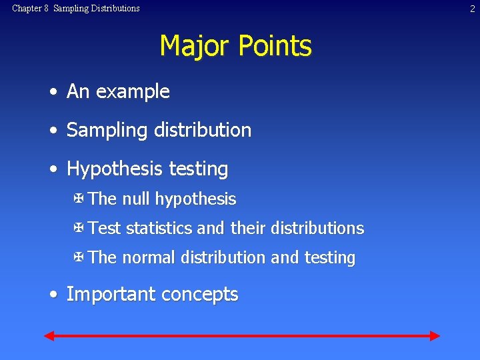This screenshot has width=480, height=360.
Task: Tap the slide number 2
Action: tap(472, 9)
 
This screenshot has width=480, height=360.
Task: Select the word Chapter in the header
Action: tap(26, 9)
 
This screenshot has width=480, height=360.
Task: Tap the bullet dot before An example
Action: tap(52, 92)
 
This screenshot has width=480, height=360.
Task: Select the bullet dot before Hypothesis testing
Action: tap(52, 169)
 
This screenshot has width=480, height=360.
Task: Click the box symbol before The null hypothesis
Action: tap(79, 199)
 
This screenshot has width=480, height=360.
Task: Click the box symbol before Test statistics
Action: tap(79, 228)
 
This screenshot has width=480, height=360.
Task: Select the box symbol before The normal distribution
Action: tap(79, 257)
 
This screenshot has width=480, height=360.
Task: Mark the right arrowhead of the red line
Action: tap(435, 335)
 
